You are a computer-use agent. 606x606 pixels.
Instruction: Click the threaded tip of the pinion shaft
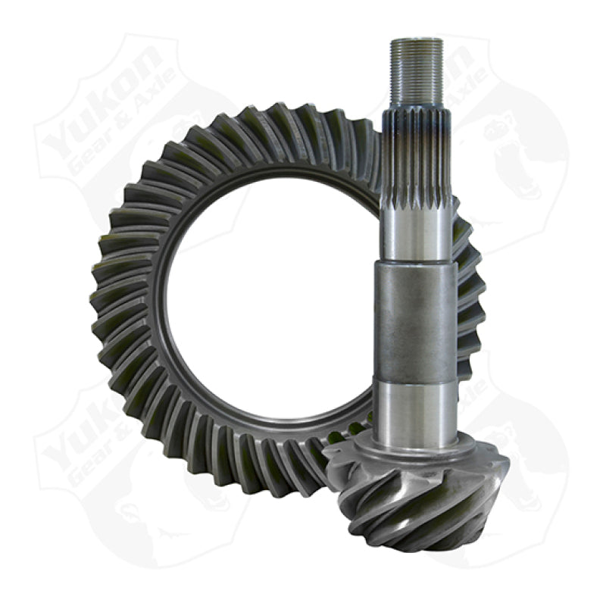coord(417,72)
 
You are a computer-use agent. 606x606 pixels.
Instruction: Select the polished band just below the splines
coord(417,235)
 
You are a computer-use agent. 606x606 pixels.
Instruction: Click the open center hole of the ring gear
coord(273,303)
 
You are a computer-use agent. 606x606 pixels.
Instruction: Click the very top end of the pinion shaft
coord(417,40)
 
